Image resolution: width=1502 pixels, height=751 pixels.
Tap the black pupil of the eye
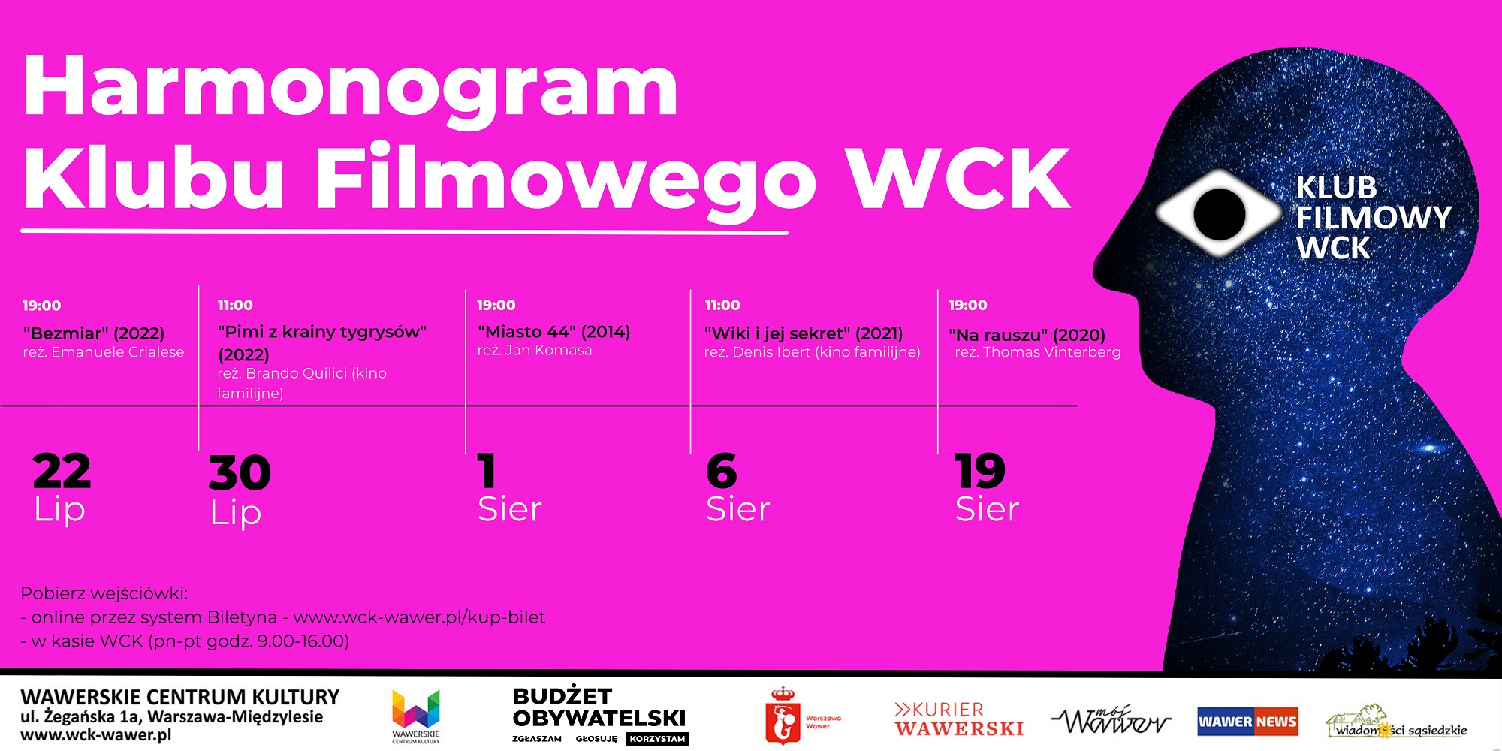coord(1220,213)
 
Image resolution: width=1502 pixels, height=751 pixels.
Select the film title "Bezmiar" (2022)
coord(94,333)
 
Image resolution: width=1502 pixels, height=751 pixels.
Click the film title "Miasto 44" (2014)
coord(554,332)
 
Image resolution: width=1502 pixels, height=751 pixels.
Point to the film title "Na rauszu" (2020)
coord(1027,335)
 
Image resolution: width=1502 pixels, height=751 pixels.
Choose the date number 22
coord(62,472)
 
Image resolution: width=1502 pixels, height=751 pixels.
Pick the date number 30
coord(240,473)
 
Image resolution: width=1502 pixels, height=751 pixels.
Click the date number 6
coord(722,471)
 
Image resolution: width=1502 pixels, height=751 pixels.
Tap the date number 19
coord(980,471)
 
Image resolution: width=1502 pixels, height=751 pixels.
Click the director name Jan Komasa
coord(548,350)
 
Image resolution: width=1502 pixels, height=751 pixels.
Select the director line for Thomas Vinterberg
coord(1038,352)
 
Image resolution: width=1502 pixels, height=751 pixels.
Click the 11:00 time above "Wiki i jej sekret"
coord(722,305)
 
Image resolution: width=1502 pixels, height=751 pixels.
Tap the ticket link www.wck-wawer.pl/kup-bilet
coord(419,617)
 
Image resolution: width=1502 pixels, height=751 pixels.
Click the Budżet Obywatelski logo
coord(600,715)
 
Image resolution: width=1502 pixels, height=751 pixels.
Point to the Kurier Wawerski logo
coord(959,719)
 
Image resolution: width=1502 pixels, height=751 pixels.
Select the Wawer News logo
coord(1247,722)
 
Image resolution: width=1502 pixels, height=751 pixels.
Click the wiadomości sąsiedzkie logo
coord(1397,722)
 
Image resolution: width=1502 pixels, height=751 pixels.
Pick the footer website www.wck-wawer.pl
coord(95,735)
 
